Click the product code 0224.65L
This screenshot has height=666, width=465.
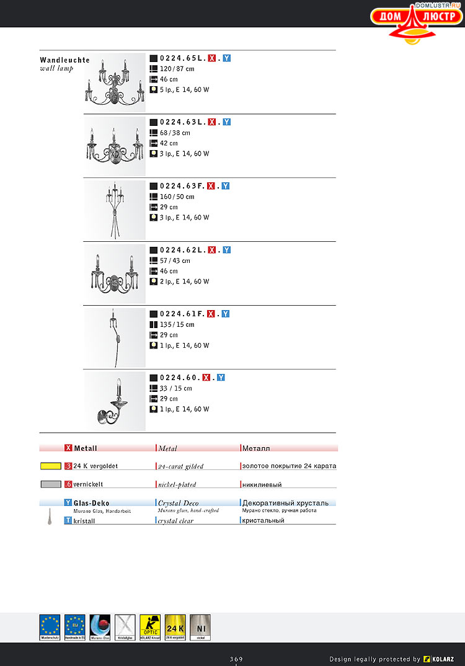(182, 58)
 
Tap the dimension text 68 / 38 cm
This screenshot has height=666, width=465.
(175, 133)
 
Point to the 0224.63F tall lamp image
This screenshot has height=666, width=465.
(115, 210)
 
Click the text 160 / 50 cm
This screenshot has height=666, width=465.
(177, 197)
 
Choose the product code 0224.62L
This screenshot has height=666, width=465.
(182, 250)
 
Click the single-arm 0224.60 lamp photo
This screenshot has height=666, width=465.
(115, 401)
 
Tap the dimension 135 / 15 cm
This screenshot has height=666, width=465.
(177, 325)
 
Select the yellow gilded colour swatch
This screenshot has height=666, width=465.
(50, 466)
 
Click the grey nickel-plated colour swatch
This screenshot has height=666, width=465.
(50, 484)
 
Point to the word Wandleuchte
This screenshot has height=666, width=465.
(64, 60)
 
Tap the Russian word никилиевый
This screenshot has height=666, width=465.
(262, 484)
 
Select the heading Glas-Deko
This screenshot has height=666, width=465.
(92, 503)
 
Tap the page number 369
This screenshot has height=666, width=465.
(236, 659)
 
